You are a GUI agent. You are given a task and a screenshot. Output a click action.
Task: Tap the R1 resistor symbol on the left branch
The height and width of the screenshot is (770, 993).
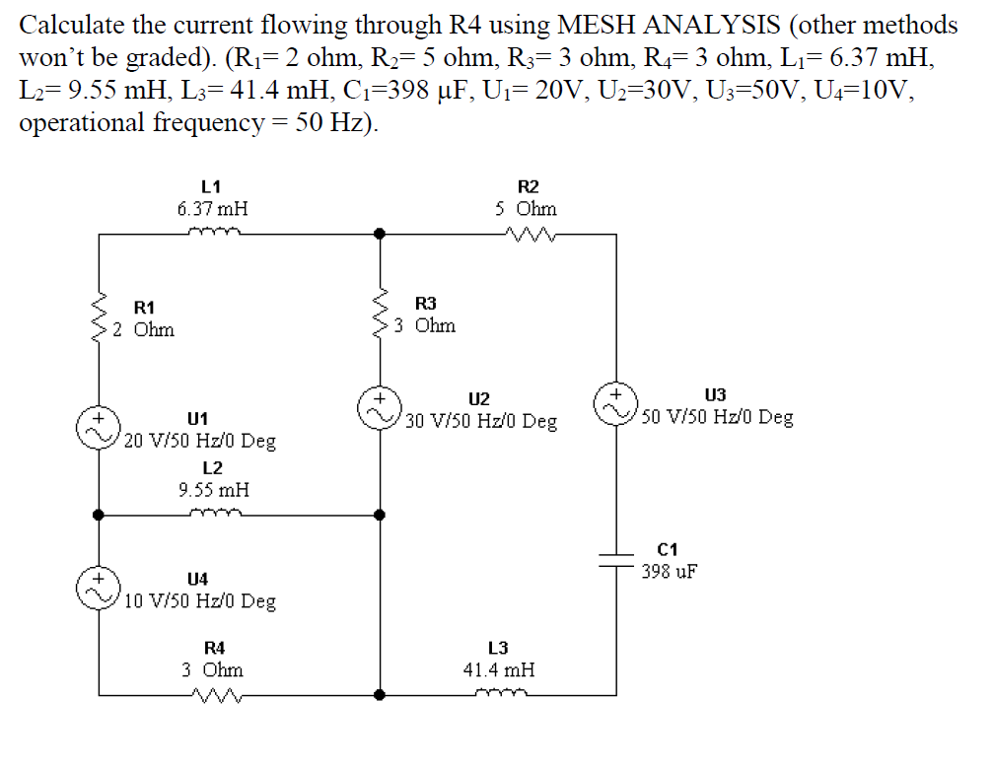pyautogui.click(x=100, y=318)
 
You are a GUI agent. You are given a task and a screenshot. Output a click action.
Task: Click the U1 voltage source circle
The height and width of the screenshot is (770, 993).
pyautogui.click(x=99, y=431)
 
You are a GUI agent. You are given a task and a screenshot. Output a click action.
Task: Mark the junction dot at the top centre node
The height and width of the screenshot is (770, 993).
pyautogui.click(x=381, y=235)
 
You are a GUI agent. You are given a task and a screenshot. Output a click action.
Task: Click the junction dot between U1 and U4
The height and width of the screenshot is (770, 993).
pyautogui.click(x=99, y=514)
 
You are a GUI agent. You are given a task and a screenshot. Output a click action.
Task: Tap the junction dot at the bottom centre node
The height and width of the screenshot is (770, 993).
pyautogui.click(x=381, y=694)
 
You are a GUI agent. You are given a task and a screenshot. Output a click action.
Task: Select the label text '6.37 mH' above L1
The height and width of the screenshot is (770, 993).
pyautogui.click(x=212, y=208)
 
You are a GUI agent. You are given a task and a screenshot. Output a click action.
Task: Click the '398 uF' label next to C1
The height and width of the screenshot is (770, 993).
pyautogui.click(x=671, y=571)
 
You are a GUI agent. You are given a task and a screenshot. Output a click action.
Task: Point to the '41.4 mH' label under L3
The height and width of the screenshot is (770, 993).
pyautogui.click(x=499, y=669)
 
